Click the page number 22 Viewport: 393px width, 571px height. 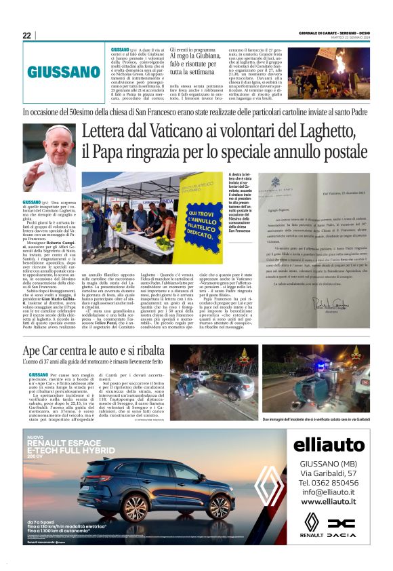point(26,35)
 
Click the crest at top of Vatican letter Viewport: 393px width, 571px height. point(275,182)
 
